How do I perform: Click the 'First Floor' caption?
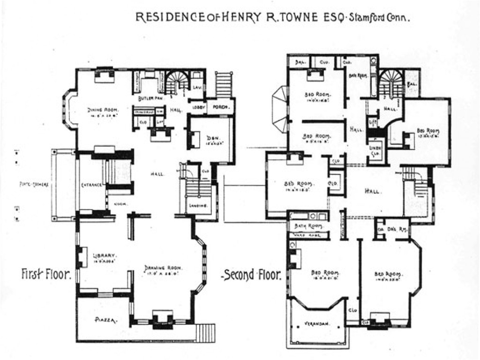pos(46,274)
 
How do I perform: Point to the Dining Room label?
pos(103,110)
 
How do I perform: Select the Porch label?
pos(220,107)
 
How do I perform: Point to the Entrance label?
pos(91,185)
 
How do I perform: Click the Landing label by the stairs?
pos(199,206)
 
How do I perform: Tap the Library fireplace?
pos(83,256)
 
